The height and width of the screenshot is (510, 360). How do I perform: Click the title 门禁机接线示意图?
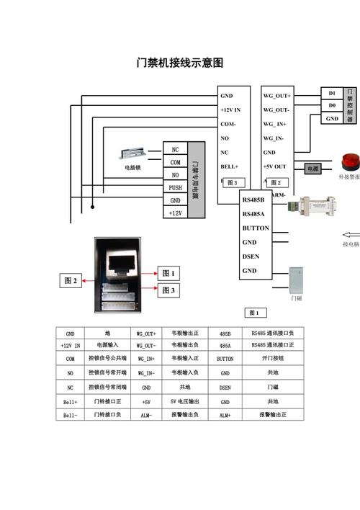click(x=180, y=63)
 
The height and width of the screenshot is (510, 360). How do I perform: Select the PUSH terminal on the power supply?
click(x=175, y=187)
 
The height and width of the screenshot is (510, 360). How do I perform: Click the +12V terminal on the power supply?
click(x=175, y=213)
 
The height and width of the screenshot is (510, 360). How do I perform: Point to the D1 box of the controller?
click(x=331, y=93)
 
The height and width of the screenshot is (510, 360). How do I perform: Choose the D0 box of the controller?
click(x=331, y=105)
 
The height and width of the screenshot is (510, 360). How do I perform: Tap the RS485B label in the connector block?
click(x=253, y=200)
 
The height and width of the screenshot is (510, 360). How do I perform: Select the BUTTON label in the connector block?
click(x=256, y=228)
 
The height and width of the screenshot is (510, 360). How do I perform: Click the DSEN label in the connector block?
click(x=250, y=256)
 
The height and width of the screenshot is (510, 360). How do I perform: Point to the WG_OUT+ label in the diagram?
click(x=276, y=96)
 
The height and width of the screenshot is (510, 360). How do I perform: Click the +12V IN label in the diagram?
click(x=230, y=109)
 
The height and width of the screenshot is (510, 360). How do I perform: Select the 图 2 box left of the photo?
click(x=71, y=280)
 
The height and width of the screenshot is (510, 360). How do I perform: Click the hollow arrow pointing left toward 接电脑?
click(x=350, y=233)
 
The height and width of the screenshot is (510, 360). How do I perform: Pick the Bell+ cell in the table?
click(x=70, y=401)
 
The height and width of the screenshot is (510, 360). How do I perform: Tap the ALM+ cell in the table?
click(x=225, y=416)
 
